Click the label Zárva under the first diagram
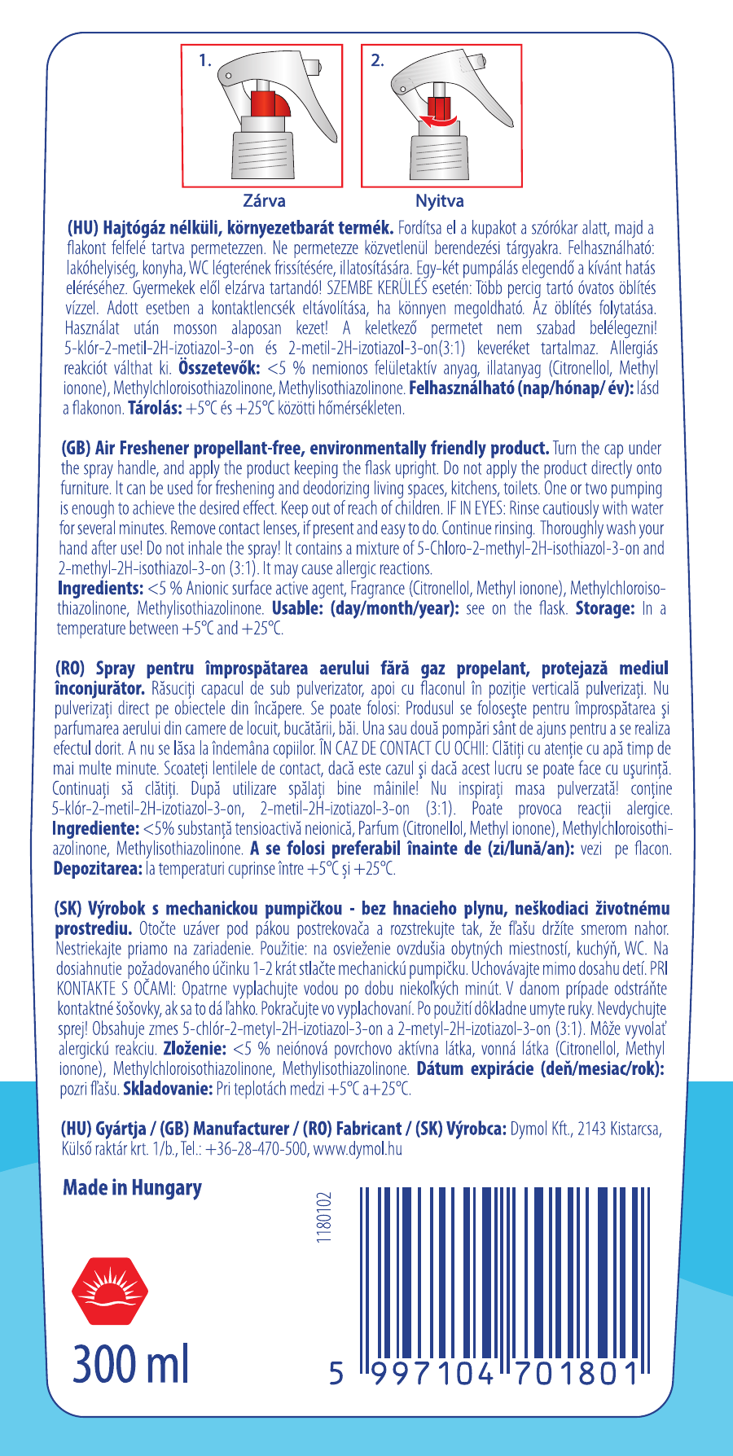264,200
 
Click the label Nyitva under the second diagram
440,200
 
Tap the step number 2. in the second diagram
378,60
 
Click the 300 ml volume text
130,1364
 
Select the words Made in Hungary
132,1187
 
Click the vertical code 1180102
325,1218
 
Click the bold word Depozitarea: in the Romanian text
98,869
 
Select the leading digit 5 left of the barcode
337,1373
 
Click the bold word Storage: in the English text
604,608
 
